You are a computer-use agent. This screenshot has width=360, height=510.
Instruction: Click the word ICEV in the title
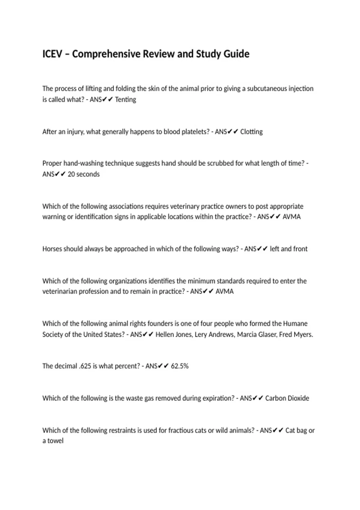point(52,54)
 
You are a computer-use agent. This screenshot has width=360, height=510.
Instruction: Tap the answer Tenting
point(125,100)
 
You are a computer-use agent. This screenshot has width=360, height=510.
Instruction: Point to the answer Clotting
point(251,132)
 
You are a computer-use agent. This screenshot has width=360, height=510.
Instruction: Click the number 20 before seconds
point(71,174)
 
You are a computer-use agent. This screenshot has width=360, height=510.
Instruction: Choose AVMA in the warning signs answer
point(291,217)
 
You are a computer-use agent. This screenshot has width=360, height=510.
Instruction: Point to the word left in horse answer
point(274,249)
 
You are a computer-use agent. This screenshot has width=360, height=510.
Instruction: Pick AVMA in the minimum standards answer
point(224,292)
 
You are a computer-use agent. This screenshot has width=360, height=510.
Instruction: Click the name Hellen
point(164,334)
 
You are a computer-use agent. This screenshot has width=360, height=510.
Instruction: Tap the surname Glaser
point(266,334)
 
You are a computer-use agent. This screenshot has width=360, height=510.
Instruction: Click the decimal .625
point(85,366)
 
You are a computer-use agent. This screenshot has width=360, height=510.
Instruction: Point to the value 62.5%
point(179,366)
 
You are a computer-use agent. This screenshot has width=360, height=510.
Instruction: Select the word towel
point(55,441)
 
